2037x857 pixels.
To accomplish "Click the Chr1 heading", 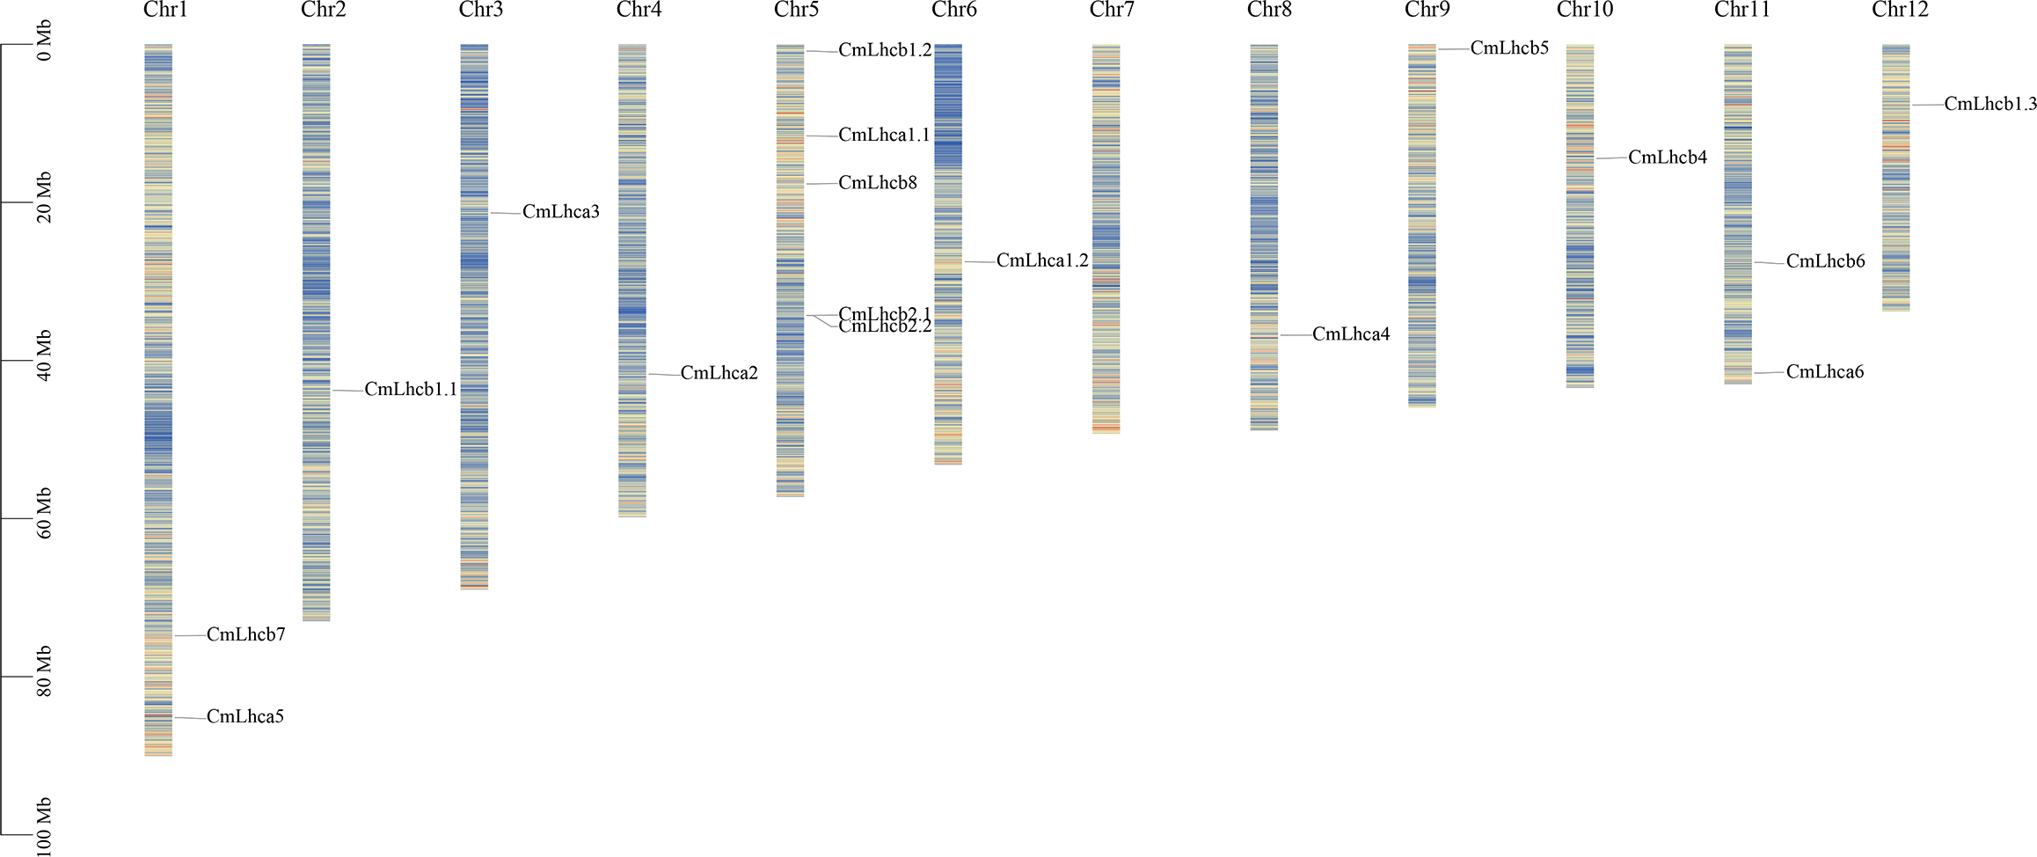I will click(x=165, y=11).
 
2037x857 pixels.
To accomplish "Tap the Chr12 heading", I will click(x=1900, y=11).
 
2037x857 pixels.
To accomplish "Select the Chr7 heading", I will click(x=1112, y=11).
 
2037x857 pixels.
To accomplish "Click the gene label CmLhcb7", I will click(x=245, y=634).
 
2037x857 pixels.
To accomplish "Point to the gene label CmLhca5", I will click(x=245, y=717).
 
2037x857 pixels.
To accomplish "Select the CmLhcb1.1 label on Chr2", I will click(x=411, y=389).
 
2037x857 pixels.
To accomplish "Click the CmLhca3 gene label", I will click(x=560, y=212).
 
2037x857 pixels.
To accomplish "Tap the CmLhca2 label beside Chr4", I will click(x=719, y=373).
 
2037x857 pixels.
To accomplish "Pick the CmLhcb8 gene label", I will click(x=877, y=183).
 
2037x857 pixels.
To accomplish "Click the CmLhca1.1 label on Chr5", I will click(x=883, y=136).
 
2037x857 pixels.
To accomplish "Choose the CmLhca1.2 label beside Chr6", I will click(x=1041, y=261).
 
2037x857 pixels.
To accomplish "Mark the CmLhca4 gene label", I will click(x=1350, y=334).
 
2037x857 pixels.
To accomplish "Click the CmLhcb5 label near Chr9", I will click(x=1508, y=48).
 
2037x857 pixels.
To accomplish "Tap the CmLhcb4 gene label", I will click(x=1667, y=157).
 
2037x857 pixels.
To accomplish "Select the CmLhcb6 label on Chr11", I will click(x=1825, y=261).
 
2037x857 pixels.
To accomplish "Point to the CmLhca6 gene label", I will click(x=1824, y=372).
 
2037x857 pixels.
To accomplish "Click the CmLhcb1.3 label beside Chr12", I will click(x=1990, y=104).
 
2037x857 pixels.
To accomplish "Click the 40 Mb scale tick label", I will click(x=44, y=355).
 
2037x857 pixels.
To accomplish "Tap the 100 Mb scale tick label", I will click(x=44, y=827).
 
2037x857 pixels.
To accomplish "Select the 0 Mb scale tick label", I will click(x=44, y=42).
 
